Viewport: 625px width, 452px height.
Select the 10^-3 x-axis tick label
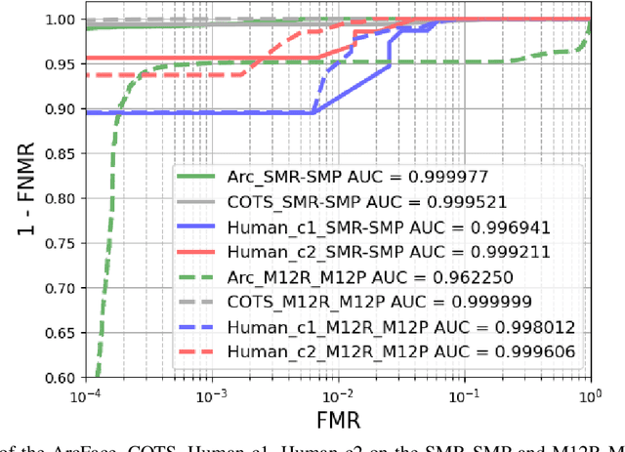(x=212, y=395)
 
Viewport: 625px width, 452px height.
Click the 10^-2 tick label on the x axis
(x=338, y=395)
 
